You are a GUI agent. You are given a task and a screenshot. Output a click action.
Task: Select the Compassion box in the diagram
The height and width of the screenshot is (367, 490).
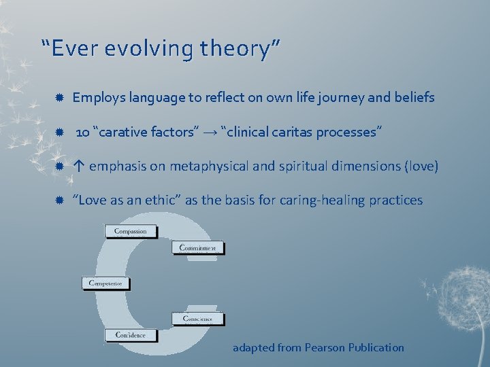point(131,231)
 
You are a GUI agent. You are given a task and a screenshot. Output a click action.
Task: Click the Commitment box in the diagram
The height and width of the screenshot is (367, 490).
point(197,248)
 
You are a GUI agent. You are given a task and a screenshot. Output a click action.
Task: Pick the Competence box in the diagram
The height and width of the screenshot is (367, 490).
point(107,283)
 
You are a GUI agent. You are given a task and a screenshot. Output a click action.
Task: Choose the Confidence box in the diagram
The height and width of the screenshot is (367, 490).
point(131,335)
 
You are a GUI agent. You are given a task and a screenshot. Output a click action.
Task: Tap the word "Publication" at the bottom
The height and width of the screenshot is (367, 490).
point(376,348)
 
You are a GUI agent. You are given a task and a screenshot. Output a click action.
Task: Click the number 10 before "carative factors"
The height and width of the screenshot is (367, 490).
point(82,132)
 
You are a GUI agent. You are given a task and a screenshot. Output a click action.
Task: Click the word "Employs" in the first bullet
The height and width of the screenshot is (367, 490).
point(95,98)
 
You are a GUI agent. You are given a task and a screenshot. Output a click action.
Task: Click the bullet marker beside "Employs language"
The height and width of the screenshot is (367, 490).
point(60,98)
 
